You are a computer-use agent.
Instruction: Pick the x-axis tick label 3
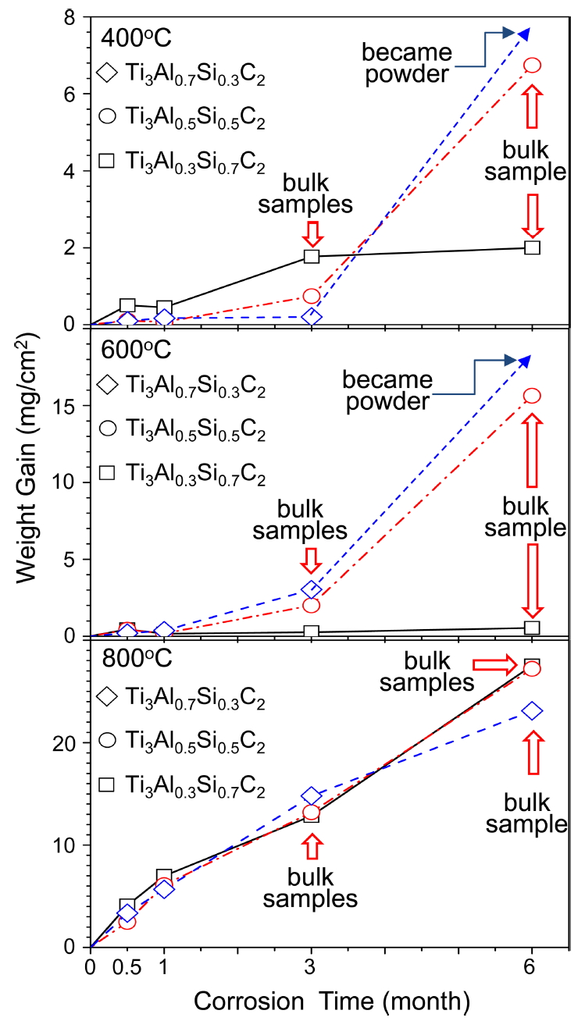coord(311,969)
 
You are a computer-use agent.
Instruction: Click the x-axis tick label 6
coord(531,969)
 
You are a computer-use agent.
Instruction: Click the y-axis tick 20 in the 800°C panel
coord(70,743)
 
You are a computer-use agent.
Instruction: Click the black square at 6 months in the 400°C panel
coord(532,247)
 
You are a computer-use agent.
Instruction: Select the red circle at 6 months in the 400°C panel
coord(532,66)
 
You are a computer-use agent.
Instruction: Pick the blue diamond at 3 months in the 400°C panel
coord(312,317)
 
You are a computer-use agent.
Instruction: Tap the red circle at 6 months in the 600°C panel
coord(532,396)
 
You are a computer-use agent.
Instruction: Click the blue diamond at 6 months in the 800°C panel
coord(532,710)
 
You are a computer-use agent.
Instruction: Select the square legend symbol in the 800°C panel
coord(107,789)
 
